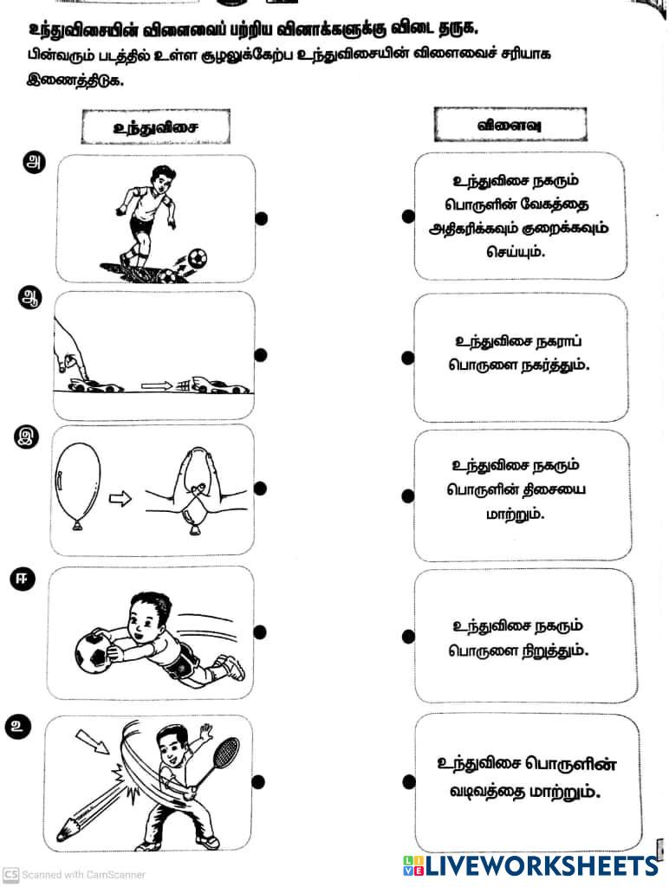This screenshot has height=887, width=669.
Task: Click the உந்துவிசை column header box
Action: [156, 126]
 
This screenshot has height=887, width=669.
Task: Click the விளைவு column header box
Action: [510, 125]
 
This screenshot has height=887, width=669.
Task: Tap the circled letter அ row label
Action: [35, 163]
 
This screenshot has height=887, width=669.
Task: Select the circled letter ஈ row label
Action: [22, 581]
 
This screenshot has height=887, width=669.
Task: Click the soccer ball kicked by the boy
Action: [198, 257]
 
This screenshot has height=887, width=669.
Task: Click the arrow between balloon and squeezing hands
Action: [122, 498]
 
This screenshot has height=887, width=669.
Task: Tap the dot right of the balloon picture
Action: [260, 489]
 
